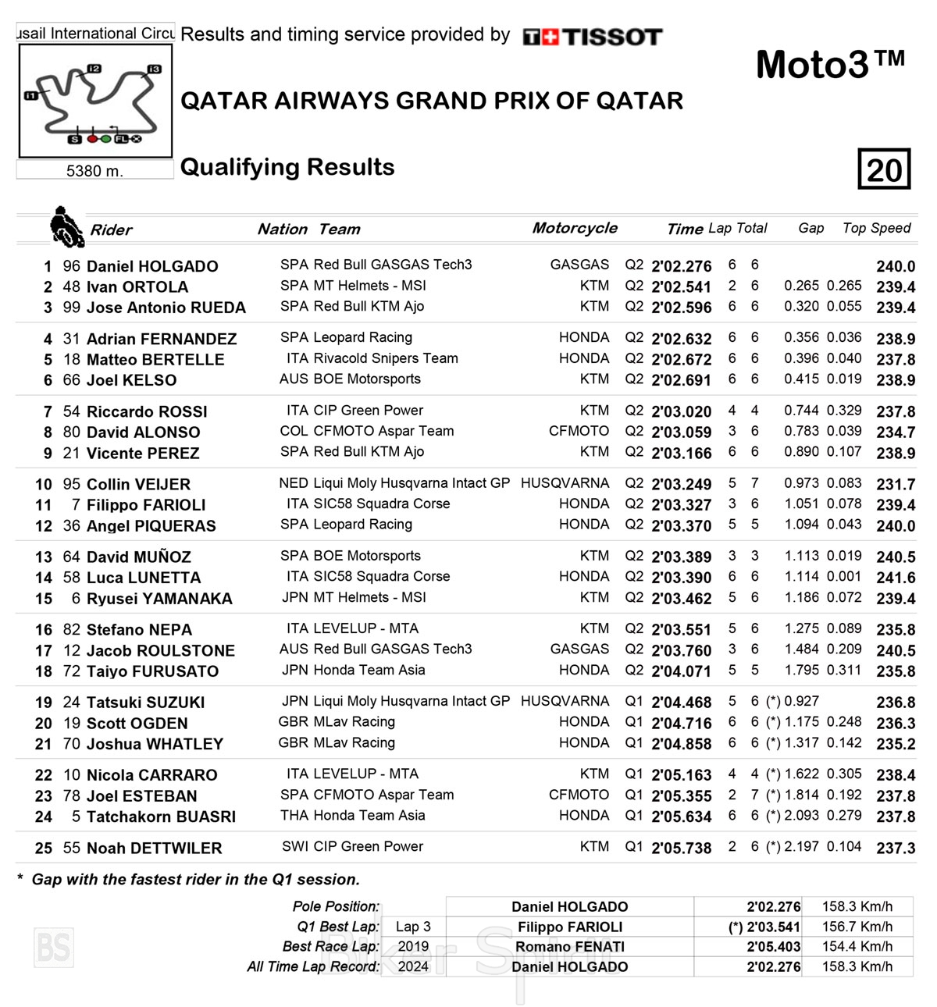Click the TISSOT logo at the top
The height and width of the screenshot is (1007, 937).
click(x=593, y=36)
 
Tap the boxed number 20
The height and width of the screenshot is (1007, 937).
click(x=884, y=169)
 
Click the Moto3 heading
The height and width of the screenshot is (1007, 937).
click(x=829, y=64)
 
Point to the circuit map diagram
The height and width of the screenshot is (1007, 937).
click(x=95, y=101)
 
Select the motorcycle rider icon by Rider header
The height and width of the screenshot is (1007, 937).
click(x=66, y=226)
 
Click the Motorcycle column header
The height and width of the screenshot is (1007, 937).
click(x=575, y=228)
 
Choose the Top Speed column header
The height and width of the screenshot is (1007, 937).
click(x=876, y=228)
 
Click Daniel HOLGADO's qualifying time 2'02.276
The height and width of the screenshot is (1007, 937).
click(x=681, y=266)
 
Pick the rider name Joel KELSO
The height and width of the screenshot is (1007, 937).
click(x=131, y=380)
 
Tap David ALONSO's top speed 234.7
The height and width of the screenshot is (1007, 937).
click(x=896, y=432)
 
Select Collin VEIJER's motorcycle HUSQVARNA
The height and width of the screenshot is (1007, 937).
click(x=565, y=483)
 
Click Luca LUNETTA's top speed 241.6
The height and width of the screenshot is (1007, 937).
click(x=896, y=578)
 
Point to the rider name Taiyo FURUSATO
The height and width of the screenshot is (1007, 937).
click(x=152, y=671)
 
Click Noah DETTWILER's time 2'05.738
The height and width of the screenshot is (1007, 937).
click(x=681, y=848)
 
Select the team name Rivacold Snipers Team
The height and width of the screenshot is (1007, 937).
click(x=386, y=358)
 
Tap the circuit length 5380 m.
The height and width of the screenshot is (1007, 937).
click(x=94, y=171)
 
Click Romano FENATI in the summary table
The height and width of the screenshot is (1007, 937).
click(x=569, y=947)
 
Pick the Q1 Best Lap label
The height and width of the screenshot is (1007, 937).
click(x=338, y=927)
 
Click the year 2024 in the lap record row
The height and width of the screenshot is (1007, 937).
click(x=413, y=966)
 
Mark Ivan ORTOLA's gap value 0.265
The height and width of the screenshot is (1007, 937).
click(x=801, y=286)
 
